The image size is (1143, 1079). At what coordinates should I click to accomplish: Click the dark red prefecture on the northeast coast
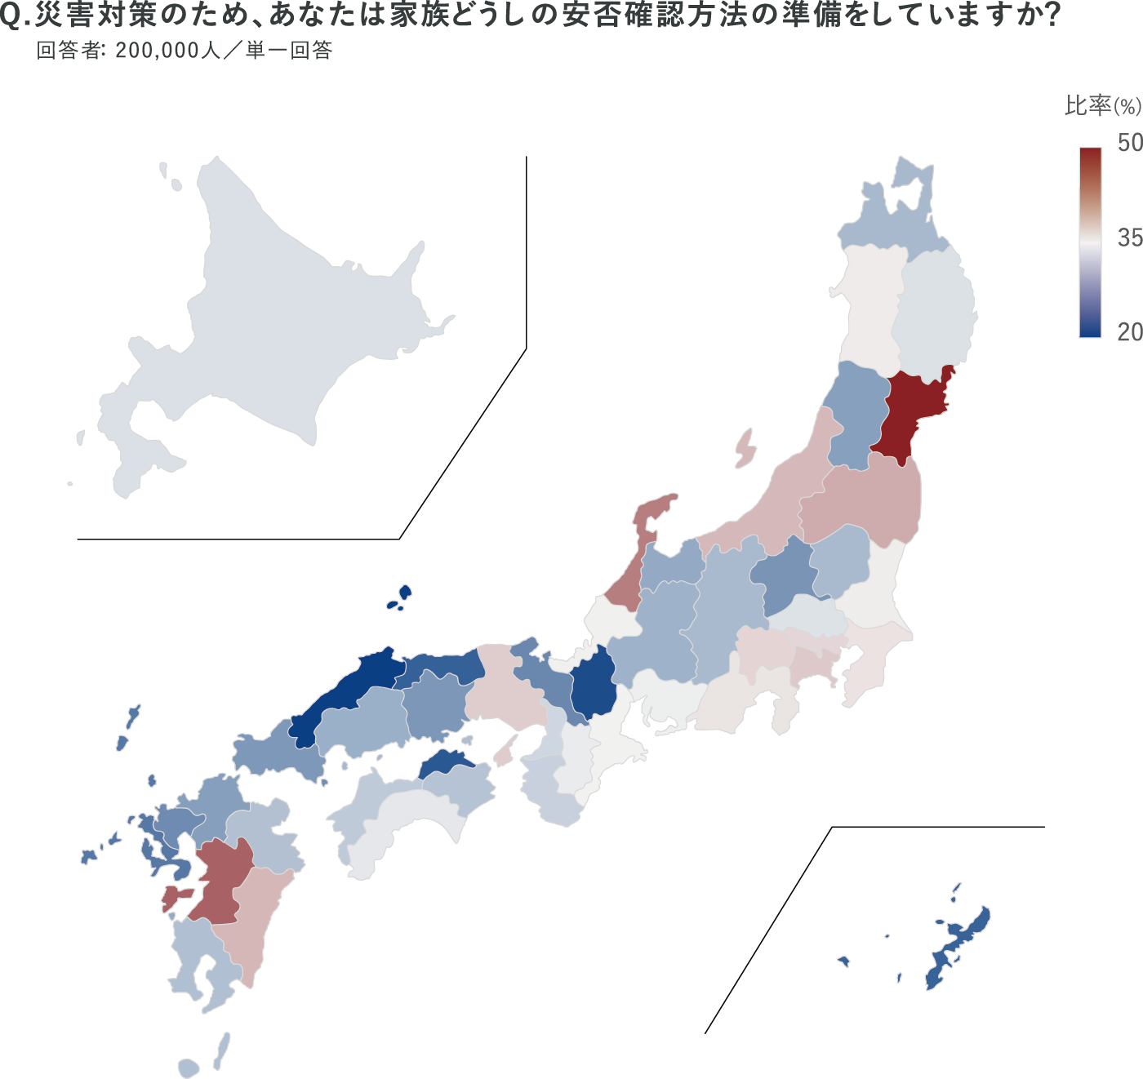click(x=910, y=416)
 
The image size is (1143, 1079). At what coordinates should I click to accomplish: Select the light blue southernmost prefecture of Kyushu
click(x=200, y=955)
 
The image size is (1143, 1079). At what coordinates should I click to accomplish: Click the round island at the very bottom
click(x=189, y=1068)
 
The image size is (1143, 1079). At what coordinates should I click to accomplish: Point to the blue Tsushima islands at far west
click(x=127, y=730)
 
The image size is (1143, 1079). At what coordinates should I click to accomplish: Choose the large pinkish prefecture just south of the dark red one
click(x=865, y=498)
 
